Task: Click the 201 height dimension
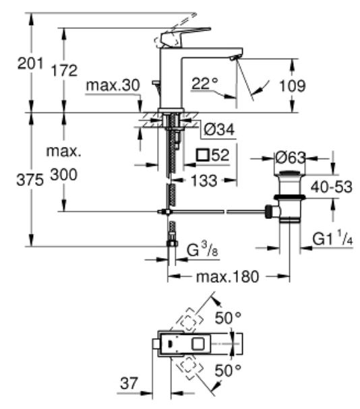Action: [x=30, y=63]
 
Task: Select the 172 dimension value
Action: [x=64, y=71]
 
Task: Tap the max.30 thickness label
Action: [x=113, y=86]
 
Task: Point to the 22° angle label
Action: [x=205, y=84]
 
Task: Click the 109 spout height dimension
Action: [x=292, y=86]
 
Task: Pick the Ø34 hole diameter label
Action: [x=219, y=129]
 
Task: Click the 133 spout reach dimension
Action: [x=204, y=181]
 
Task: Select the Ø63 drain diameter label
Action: [x=291, y=158]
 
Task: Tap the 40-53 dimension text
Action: [x=331, y=187]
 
